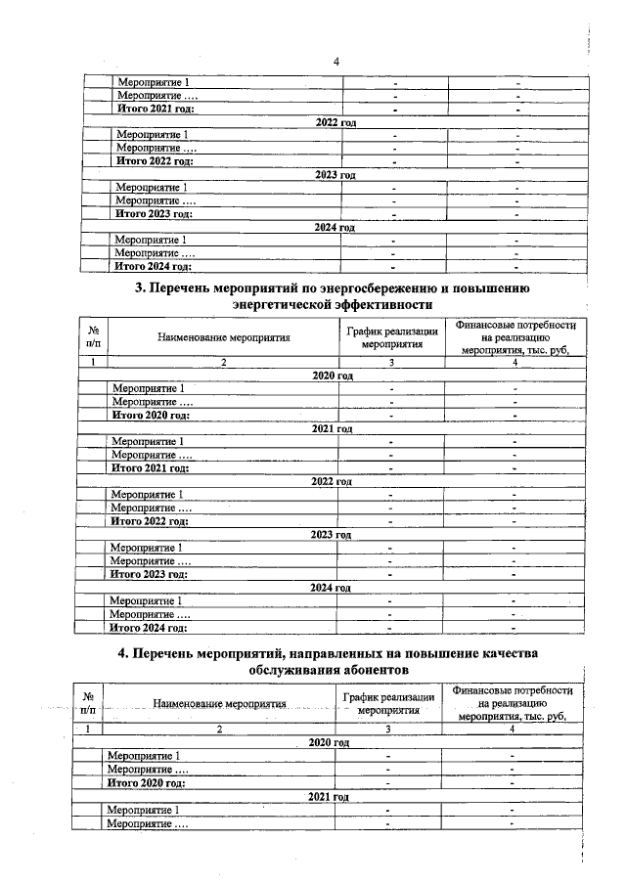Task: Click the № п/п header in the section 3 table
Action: (93, 337)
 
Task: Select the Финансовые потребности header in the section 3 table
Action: (515, 337)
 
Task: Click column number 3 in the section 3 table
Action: (391, 363)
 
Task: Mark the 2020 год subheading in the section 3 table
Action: (331, 376)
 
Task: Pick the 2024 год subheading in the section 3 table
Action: (331, 587)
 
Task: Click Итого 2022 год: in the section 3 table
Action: (150, 520)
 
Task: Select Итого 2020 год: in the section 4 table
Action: (146, 782)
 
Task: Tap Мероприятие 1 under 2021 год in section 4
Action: (143, 811)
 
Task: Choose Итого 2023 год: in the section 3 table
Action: (150, 574)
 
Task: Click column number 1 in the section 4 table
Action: (89, 729)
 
